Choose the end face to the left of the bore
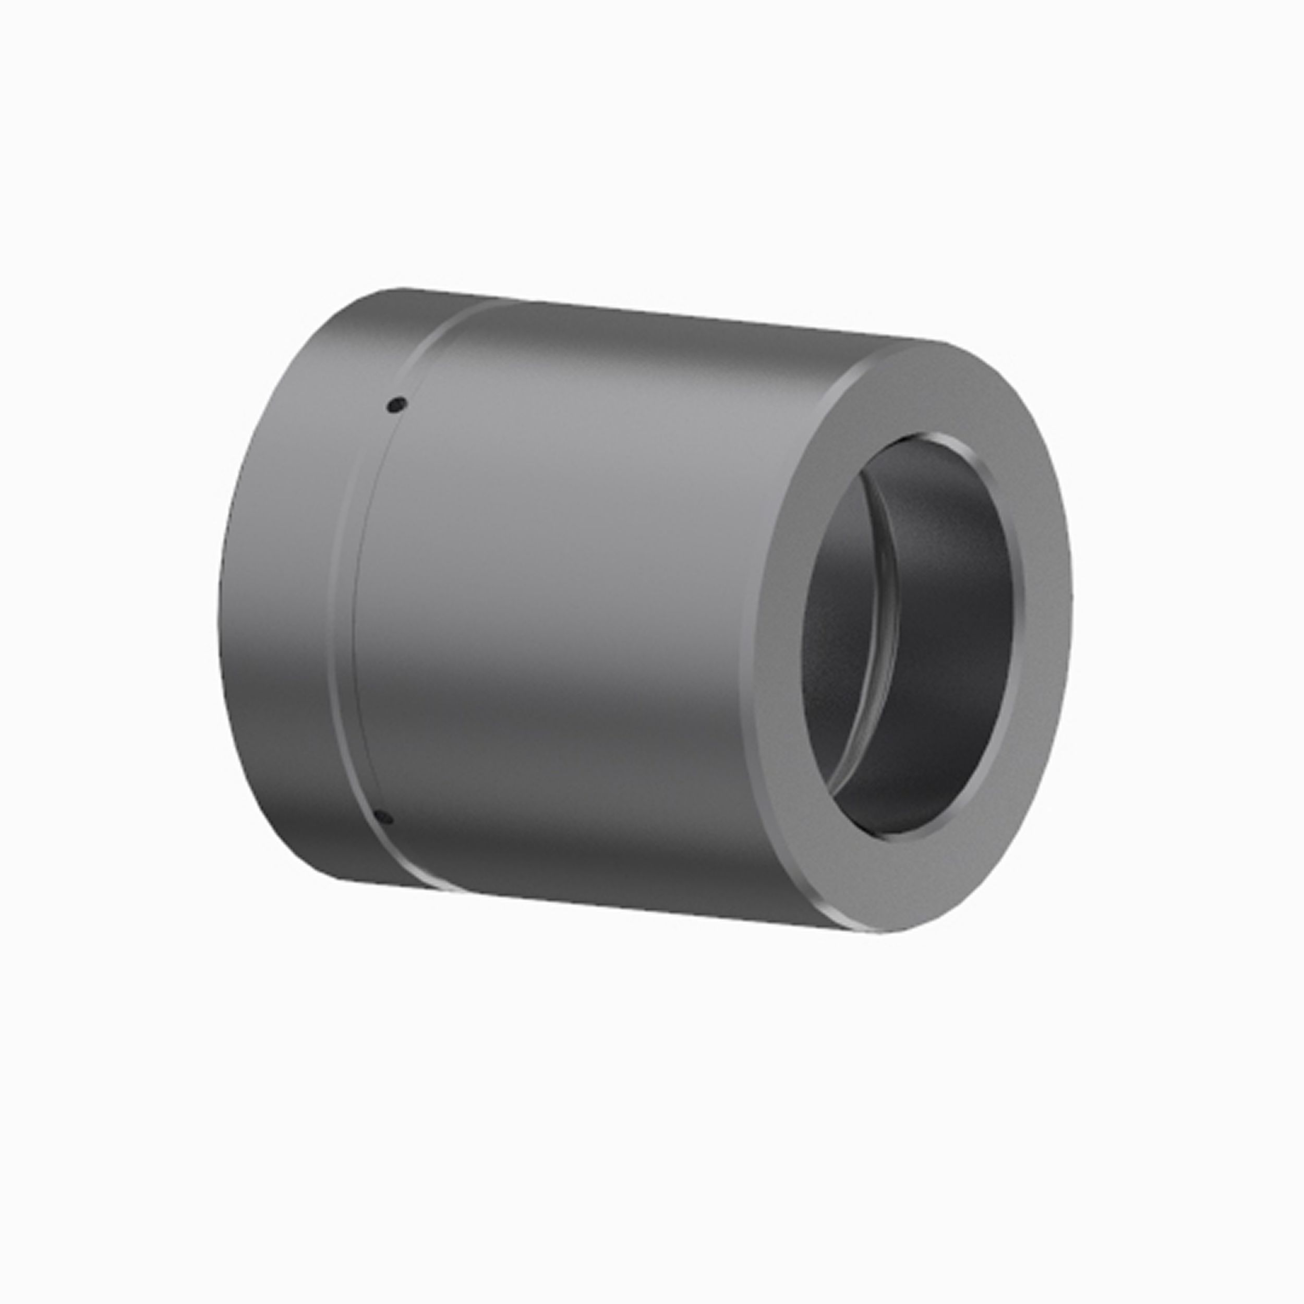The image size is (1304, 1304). click(x=776, y=641)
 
